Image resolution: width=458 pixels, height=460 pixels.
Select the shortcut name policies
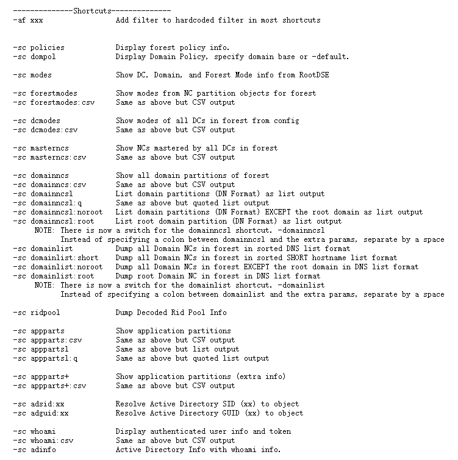[47, 48]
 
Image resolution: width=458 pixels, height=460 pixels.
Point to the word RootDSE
[298, 75]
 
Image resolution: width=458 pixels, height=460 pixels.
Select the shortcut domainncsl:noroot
[62, 212]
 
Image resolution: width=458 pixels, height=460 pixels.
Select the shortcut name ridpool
[43, 313]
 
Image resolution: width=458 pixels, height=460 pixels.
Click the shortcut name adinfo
[43, 450]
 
